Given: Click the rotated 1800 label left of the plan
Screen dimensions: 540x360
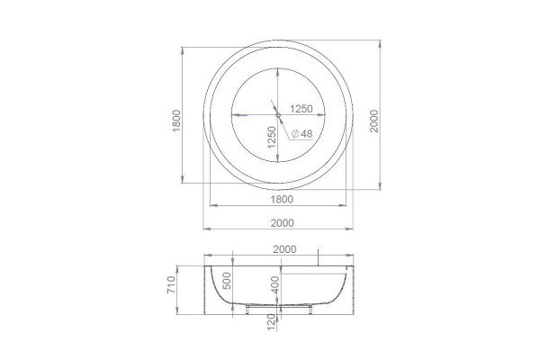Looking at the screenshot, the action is [x=176, y=121].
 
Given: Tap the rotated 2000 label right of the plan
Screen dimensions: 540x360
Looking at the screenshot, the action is [x=374, y=121].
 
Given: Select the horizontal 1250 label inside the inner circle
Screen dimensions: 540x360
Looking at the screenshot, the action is [x=301, y=109].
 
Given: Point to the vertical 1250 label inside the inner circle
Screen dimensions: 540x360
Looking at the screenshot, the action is [x=272, y=138].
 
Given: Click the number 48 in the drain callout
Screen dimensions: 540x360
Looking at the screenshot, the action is [x=307, y=134].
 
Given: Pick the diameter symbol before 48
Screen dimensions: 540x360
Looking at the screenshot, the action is [x=295, y=134].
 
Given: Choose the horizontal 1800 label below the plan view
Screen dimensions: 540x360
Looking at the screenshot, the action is [x=282, y=200].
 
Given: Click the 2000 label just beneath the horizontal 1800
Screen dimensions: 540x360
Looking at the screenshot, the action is [x=282, y=223].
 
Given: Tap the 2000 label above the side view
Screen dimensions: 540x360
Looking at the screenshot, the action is [x=284, y=249].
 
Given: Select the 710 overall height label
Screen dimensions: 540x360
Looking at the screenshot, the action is [x=171, y=285].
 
